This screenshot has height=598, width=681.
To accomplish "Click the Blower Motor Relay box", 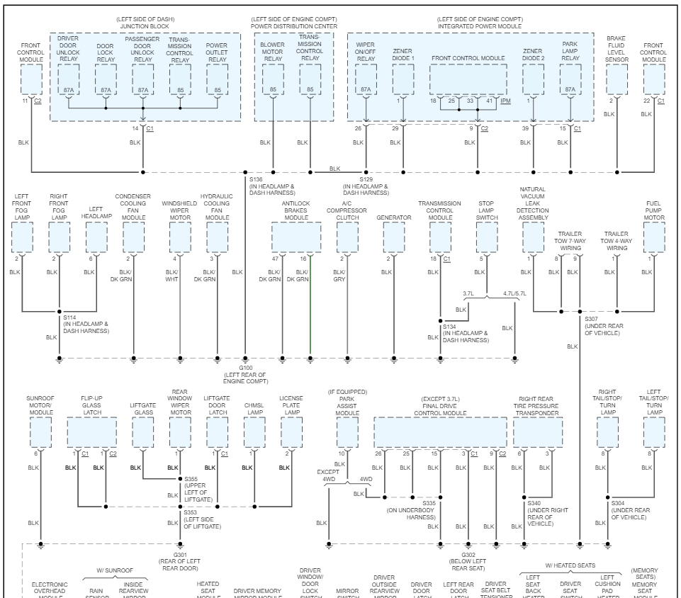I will point(273,79).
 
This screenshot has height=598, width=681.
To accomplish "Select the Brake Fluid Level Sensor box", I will point(617,79).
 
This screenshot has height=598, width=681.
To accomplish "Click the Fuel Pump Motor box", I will point(654,237).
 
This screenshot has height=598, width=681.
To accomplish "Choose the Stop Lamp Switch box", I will point(486,237).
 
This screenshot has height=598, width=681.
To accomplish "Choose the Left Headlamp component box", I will point(97,237).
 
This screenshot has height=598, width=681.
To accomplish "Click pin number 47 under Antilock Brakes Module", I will point(275,260).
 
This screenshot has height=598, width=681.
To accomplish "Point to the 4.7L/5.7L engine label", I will point(514,292).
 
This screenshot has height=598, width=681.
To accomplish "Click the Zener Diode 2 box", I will point(532,79).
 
